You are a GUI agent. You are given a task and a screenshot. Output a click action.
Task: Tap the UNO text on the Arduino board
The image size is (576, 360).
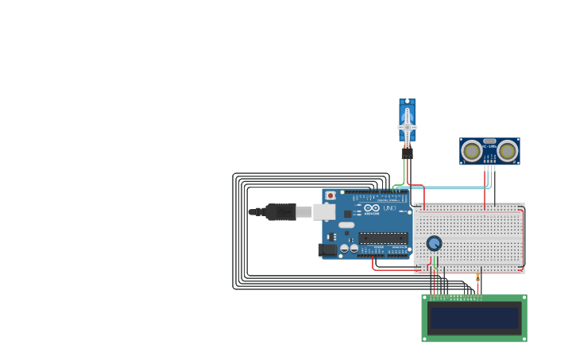[390, 208]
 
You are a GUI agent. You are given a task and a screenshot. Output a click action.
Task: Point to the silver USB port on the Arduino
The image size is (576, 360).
[323, 211]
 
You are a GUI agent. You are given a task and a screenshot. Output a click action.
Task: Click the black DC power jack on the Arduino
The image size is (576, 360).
[327, 250]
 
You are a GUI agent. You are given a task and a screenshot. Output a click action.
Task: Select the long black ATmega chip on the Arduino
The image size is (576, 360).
[383, 237]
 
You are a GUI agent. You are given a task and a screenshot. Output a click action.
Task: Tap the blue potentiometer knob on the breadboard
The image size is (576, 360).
[434, 243]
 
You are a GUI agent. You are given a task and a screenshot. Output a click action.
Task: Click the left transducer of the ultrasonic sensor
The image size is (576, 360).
[472, 150]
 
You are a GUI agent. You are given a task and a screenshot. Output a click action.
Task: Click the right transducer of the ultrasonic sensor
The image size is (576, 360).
[508, 150]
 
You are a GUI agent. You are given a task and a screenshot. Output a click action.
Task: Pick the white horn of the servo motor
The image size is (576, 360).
[407, 127]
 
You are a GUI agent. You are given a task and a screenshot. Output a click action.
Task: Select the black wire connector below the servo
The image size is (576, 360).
[407, 153]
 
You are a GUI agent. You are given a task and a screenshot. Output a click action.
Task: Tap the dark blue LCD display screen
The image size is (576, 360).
[474, 318]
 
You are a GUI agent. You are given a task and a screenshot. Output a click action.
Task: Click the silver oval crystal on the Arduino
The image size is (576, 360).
[346, 225]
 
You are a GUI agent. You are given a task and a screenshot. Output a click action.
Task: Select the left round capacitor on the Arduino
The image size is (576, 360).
[345, 248]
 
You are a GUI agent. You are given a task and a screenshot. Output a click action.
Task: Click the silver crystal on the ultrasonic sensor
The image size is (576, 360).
[489, 141]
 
